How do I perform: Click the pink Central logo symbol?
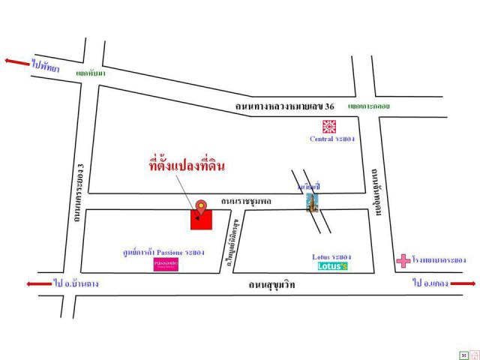(328, 126)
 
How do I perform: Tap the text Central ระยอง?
(331, 139)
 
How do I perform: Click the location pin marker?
(201, 206)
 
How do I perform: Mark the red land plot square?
(202, 218)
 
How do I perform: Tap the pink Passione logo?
(165, 265)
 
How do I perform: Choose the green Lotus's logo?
(332, 266)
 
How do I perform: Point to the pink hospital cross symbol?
(403, 261)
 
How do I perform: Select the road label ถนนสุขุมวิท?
(277, 286)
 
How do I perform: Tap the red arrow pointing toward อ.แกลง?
(463, 283)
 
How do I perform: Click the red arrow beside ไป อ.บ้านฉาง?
(37, 284)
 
